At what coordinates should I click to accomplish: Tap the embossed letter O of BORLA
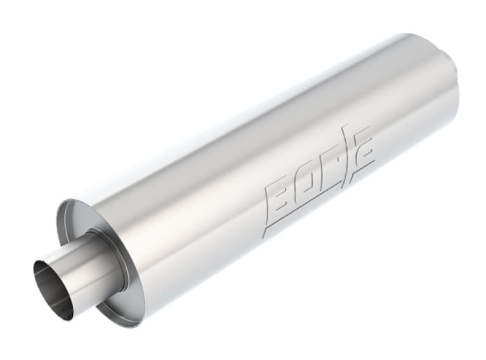tap(304, 188)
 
